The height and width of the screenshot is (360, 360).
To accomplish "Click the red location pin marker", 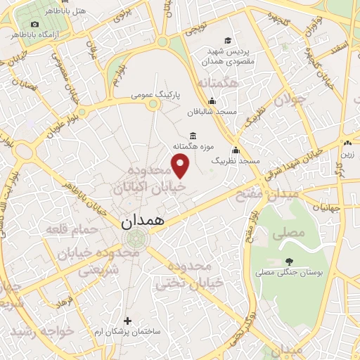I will pos(181,167).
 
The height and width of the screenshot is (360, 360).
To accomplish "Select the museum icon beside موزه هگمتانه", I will pos(193,136).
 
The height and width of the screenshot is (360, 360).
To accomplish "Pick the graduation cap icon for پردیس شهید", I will pos(227,40).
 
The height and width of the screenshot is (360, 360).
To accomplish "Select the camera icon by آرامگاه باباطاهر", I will pos(34,25).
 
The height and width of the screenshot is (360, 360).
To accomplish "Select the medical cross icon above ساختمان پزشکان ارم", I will pos(127,321).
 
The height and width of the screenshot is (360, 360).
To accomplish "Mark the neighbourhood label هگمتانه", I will pos(219,84).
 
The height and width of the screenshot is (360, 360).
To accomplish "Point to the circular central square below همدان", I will pos(131,242).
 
